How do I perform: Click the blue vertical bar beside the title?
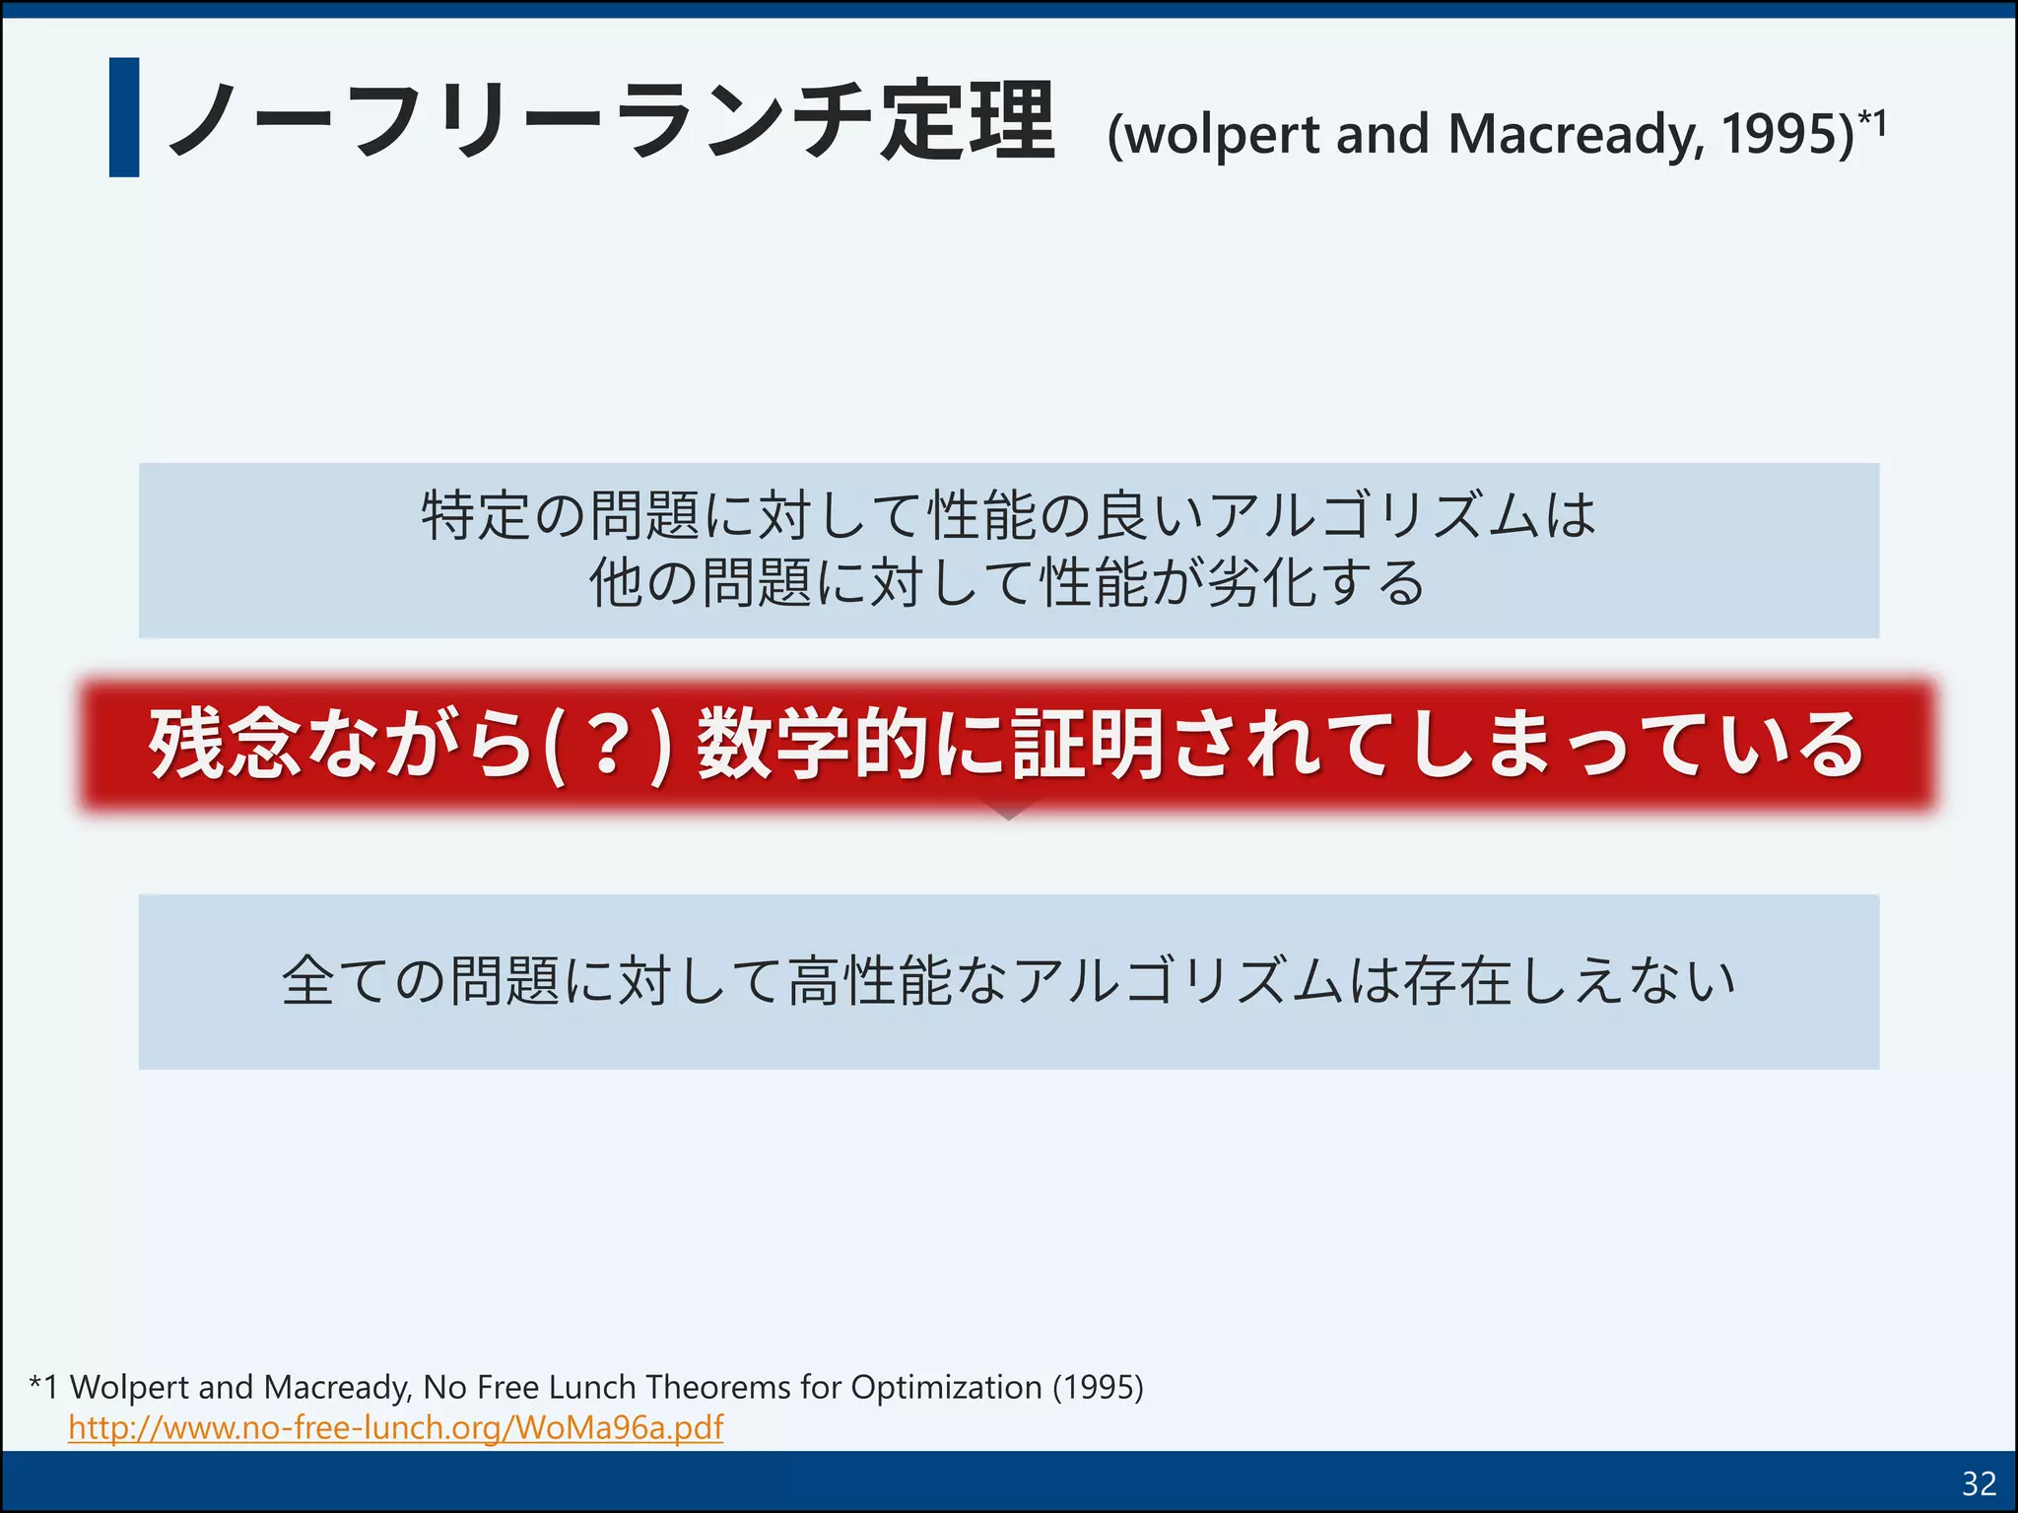pyautogui.click(x=124, y=117)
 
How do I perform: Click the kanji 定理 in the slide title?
pyautogui.click(x=968, y=122)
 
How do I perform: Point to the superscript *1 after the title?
pyautogui.click(x=1872, y=123)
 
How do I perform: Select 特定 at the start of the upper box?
pyautogui.click(x=477, y=514)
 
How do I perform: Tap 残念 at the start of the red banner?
pyautogui.click(x=224, y=745)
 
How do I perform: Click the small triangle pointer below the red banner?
pyautogui.click(x=1009, y=811)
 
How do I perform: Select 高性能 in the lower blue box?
pyautogui.click(x=871, y=981)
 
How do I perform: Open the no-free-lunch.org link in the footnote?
pyautogui.click(x=395, y=1427)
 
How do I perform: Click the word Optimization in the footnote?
pyautogui.click(x=946, y=1387)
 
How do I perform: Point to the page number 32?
pyautogui.click(x=1979, y=1483)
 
